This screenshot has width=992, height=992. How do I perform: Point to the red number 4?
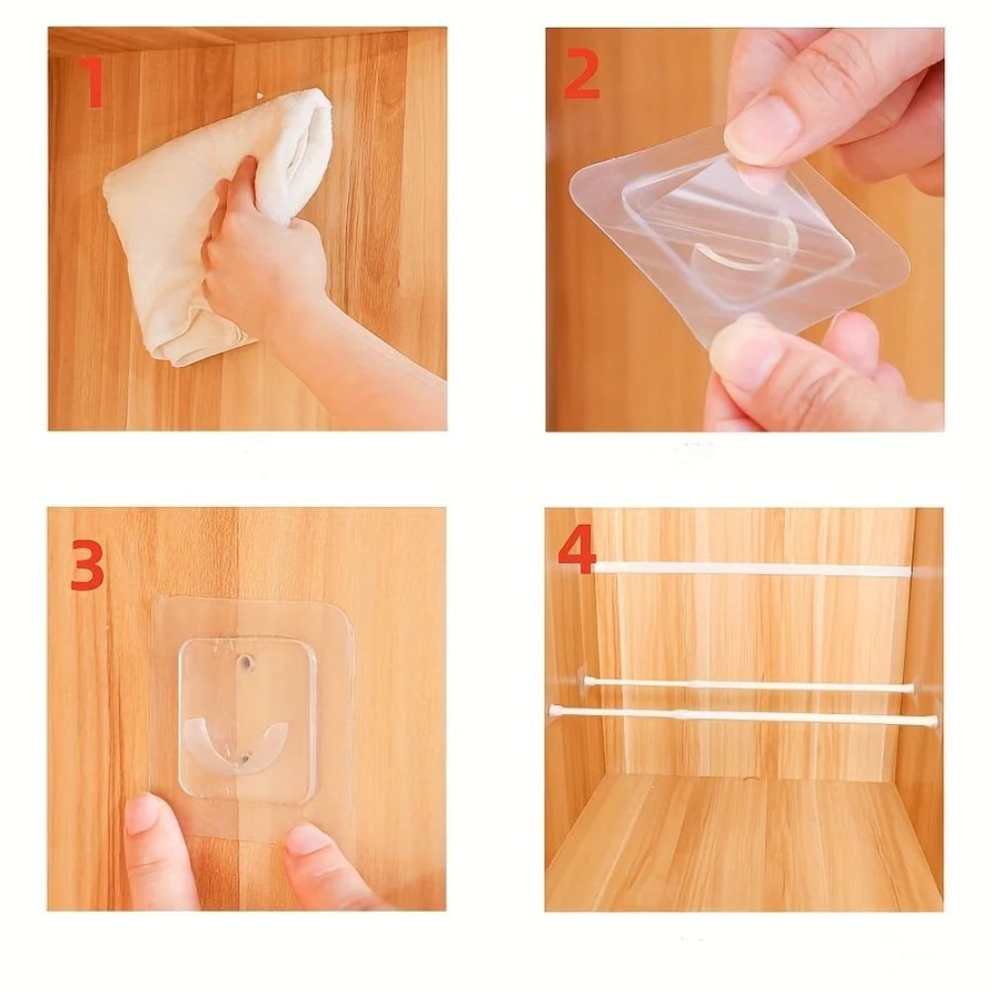[x=576, y=552]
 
